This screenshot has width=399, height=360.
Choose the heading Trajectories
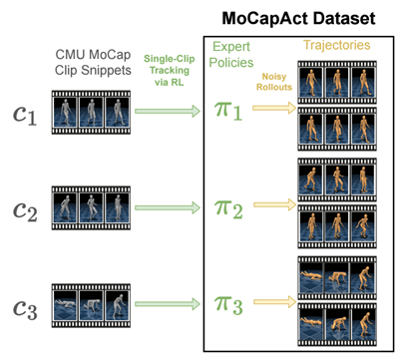point(333,46)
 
